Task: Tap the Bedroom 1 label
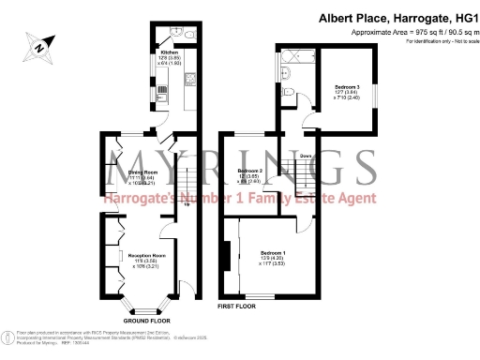(272, 253)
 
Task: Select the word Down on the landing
(306, 157)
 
